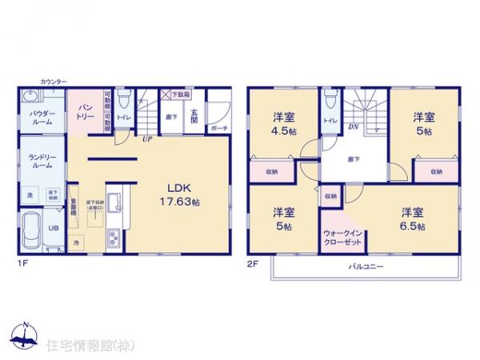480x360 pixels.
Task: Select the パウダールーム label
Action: pos(42,118)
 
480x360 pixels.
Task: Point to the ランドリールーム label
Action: pos(42,160)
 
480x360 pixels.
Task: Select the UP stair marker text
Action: pos(148,138)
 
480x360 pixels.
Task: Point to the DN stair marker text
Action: pos(353,126)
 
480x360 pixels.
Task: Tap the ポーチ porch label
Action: pos(218,127)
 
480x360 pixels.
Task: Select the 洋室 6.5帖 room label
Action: pos(413,218)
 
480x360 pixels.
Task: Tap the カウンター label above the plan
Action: pos(54,81)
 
